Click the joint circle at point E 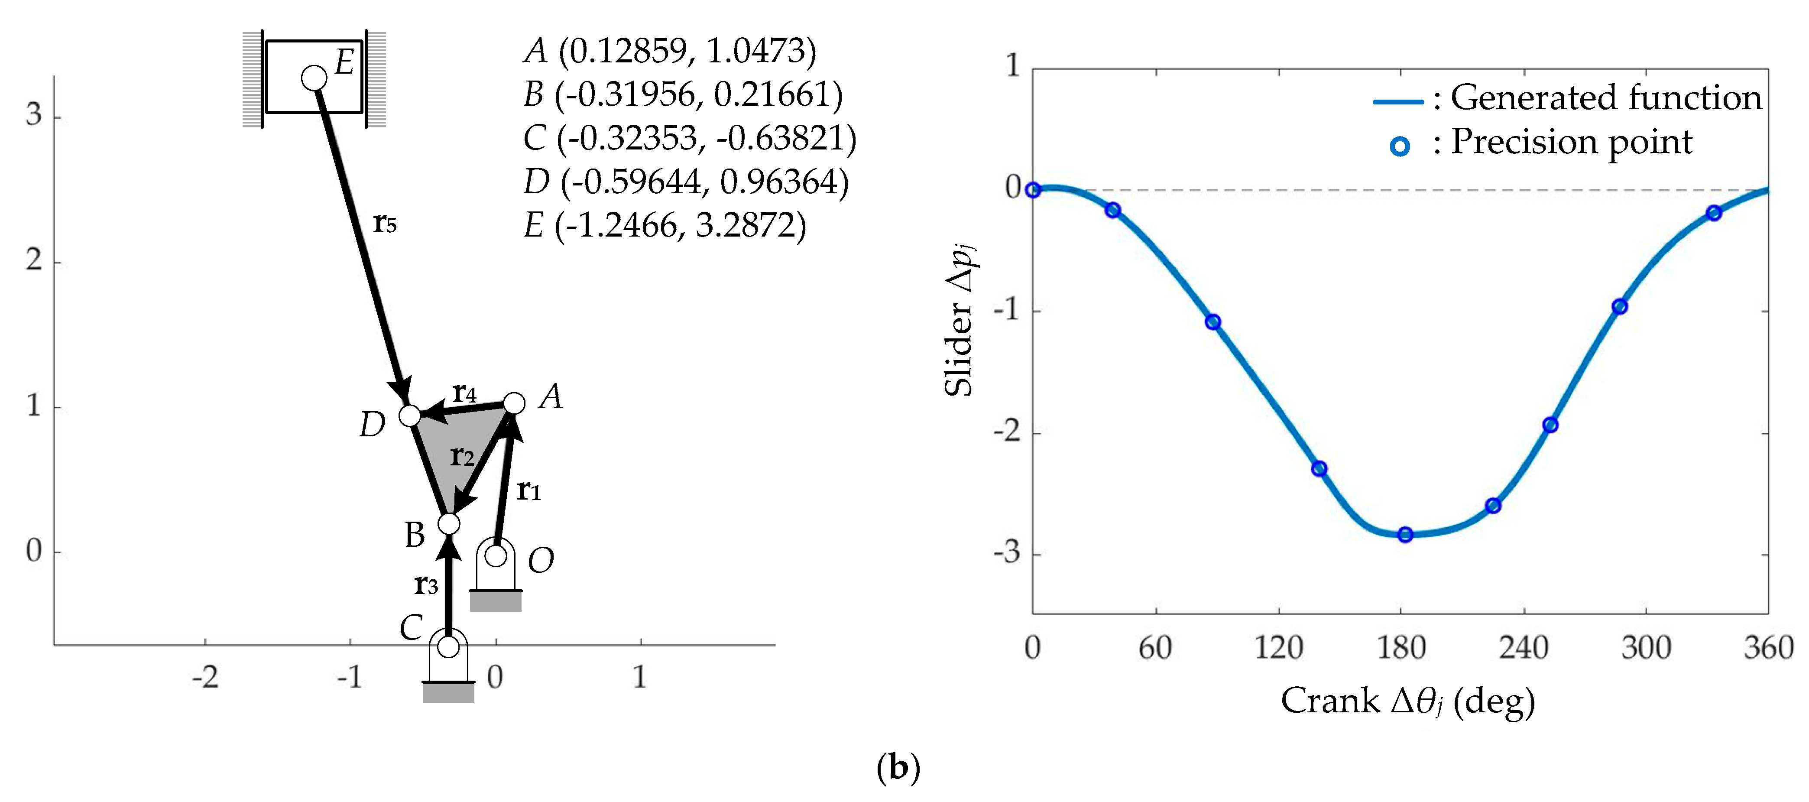tap(314, 78)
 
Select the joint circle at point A tap(514, 403)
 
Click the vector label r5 tap(385, 223)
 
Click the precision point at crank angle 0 tap(1032, 190)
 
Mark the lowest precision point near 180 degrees tap(1404, 535)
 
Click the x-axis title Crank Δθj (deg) tap(1407, 701)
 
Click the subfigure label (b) tap(898, 768)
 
